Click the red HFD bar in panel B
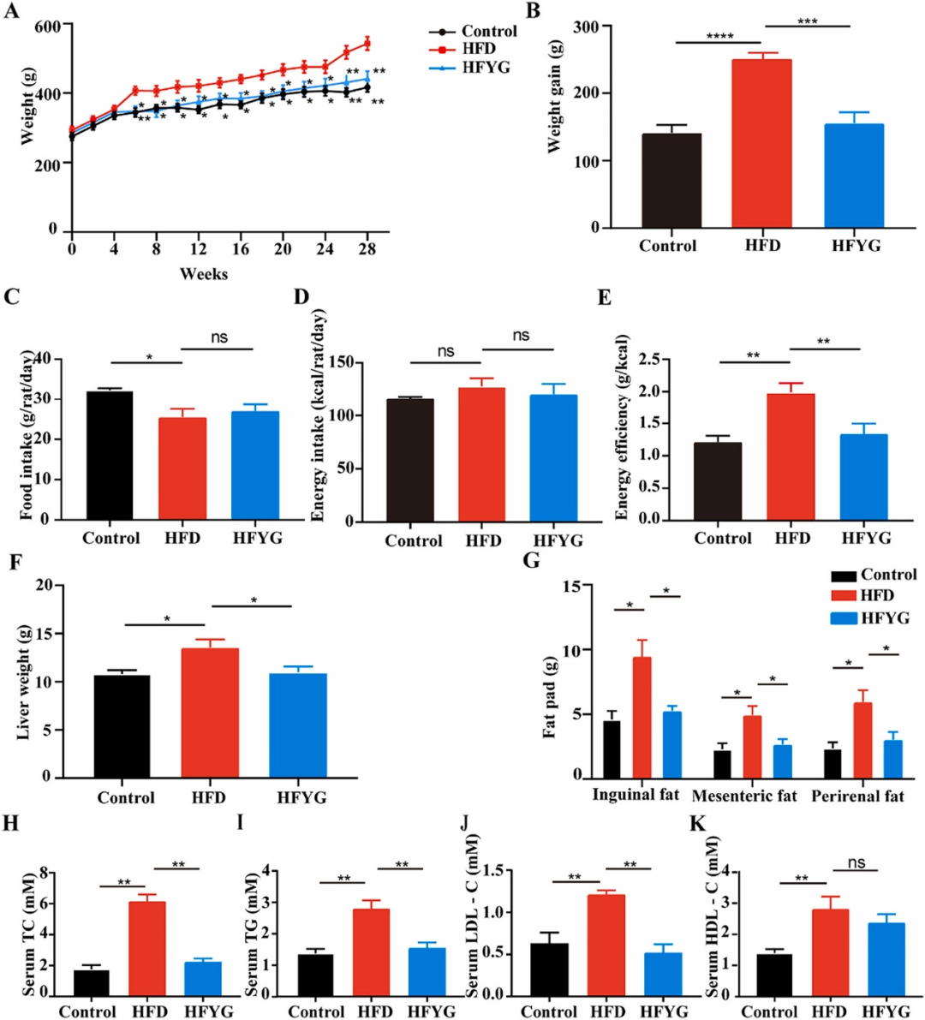click(x=762, y=144)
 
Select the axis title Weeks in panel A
click(x=203, y=274)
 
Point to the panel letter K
click(x=697, y=824)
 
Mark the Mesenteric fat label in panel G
click(x=743, y=796)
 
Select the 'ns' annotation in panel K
click(x=856, y=863)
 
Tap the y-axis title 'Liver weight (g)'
click(x=25, y=683)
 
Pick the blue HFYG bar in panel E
click(x=862, y=476)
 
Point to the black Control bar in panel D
click(x=409, y=460)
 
